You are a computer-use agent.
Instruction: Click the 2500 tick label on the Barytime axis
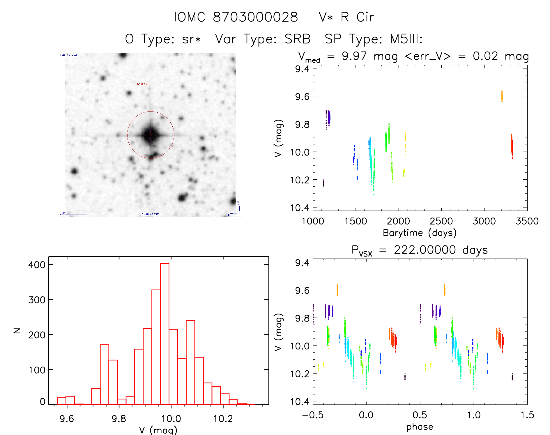click(x=441, y=221)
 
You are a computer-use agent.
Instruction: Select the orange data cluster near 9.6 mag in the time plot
click(x=502, y=96)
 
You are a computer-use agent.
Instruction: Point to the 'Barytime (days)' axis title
click(x=420, y=233)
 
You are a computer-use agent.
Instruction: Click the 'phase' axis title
click(x=420, y=427)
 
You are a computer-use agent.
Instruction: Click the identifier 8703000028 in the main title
click(x=255, y=17)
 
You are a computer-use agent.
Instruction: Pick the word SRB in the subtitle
click(x=297, y=39)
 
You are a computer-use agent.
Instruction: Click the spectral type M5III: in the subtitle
click(x=406, y=39)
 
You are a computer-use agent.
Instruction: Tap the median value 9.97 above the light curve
click(x=354, y=56)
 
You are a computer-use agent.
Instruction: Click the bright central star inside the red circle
click(x=151, y=135)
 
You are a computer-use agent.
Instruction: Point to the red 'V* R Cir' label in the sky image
click(x=142, y=84)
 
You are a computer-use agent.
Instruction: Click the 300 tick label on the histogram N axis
click(x=37, y=300)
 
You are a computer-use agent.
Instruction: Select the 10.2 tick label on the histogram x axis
click(x=223, y=419)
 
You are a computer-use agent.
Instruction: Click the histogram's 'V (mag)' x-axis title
click(x=158, y=430)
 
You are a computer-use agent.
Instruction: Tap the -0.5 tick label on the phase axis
click(x=313, y=415)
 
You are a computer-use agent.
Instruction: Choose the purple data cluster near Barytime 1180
click(x=328, y=118)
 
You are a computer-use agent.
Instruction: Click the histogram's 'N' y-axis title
click(x=17, y=330)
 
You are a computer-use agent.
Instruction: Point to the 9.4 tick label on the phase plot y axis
click(x=302, y=263)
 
